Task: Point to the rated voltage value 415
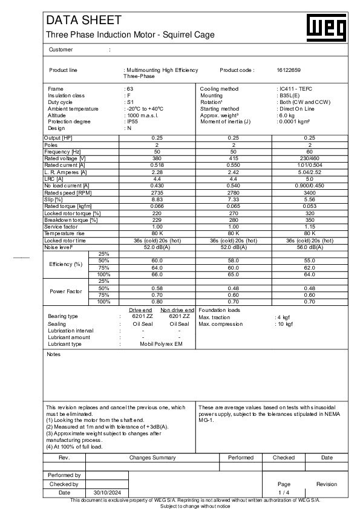click(234, 158)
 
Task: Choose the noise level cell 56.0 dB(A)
click(310, 247)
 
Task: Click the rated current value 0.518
click(157, 164)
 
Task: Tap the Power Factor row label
click(66, 291)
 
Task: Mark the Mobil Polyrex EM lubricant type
click(160, 344)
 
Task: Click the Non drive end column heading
click(177, 310)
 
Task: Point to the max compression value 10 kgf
click(284, 324)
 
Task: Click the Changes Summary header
click(152, 458)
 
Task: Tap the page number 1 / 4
click(283, 493)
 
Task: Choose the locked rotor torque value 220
click(157, 213)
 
